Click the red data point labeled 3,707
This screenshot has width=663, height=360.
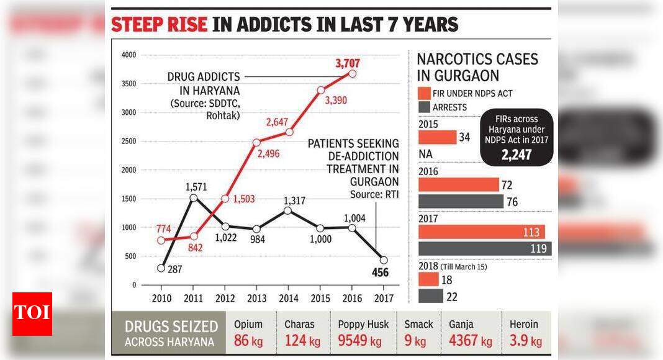pos(352,73)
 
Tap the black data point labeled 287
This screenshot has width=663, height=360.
pos(161,268)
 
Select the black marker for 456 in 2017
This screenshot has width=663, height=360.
pos(384,260)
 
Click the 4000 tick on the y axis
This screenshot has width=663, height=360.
pos(129,55)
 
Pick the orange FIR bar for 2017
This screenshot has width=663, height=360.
pos(482,232)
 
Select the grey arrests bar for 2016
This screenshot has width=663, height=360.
pos(461,202)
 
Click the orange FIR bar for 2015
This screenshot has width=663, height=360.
pos(438,137)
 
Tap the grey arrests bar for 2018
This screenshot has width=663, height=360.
pos(431,296)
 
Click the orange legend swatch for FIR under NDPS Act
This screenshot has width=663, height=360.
pos(424,94)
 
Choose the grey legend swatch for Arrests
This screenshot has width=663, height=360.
pos(424,107)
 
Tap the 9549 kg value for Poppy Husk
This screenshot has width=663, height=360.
pos(360,341)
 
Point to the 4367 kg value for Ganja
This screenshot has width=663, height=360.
pos(470,341)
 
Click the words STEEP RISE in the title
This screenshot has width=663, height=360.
pos(159,24)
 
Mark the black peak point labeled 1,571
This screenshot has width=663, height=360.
pos(193,198)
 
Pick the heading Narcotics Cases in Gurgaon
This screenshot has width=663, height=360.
pos(477,67)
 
